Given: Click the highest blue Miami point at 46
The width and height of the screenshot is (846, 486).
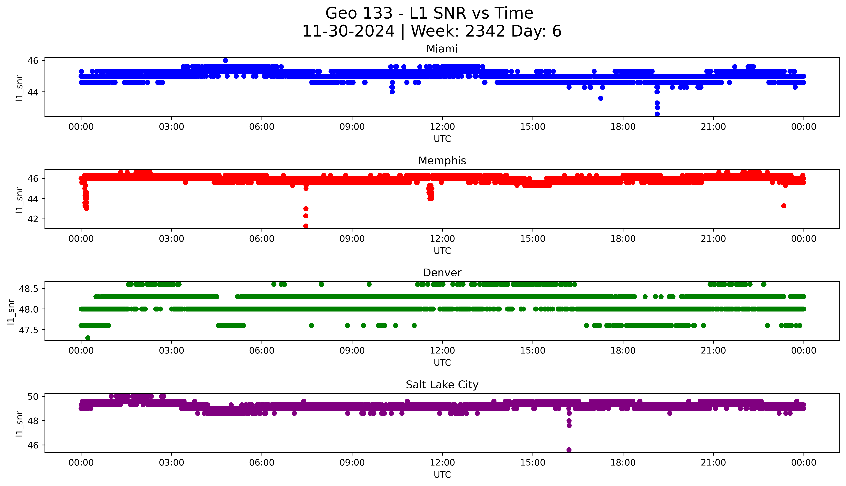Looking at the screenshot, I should click(225, 60).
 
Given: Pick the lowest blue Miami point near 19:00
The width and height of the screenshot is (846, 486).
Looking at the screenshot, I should click(657, 114).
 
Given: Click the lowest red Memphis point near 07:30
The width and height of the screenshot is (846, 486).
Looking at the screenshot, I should click(306, 226).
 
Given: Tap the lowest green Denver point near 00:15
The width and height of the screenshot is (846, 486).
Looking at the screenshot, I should click(88, 338).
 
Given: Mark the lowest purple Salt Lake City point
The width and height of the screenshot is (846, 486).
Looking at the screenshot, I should click(569, 450).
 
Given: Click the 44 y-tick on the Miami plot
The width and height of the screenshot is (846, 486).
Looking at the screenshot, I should click(35, 92).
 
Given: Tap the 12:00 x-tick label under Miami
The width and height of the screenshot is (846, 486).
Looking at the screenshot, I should click(442, 127).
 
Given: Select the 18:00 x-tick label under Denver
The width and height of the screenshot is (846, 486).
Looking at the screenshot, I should click(623, 351).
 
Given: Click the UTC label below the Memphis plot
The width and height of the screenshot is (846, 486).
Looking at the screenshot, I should click(442, 251).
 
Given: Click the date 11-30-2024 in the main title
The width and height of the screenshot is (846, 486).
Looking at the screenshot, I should click(348, 31).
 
